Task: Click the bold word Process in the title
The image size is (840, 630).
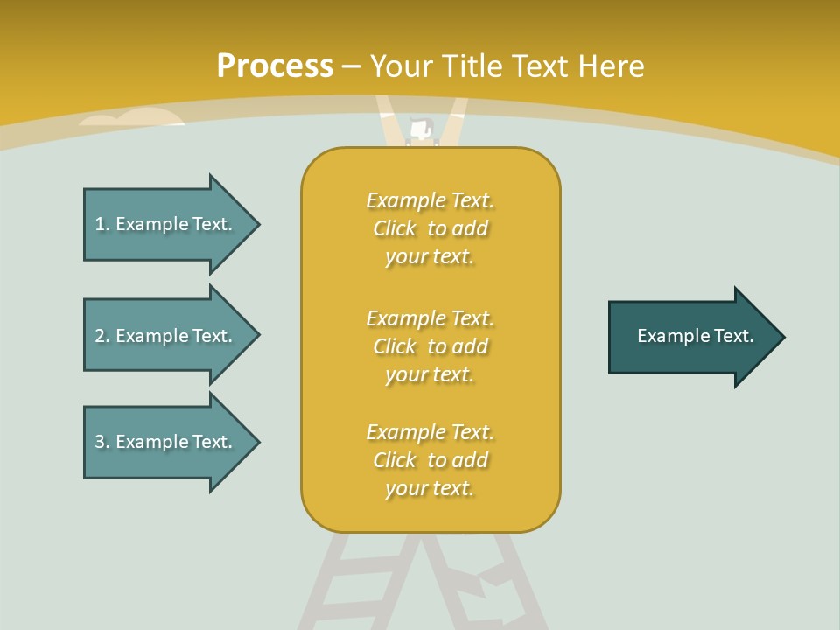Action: (275, 66)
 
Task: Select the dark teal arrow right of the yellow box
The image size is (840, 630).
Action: (696, 337)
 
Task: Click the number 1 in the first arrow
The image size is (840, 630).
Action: (100, 224)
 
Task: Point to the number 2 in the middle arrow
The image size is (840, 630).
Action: (100, 336)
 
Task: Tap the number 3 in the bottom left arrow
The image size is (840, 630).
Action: (100, 442)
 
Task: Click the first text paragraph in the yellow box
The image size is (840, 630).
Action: (430, 228)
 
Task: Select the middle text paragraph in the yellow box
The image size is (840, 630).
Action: (430, 346)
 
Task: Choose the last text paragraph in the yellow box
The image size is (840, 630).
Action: (430, 460)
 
